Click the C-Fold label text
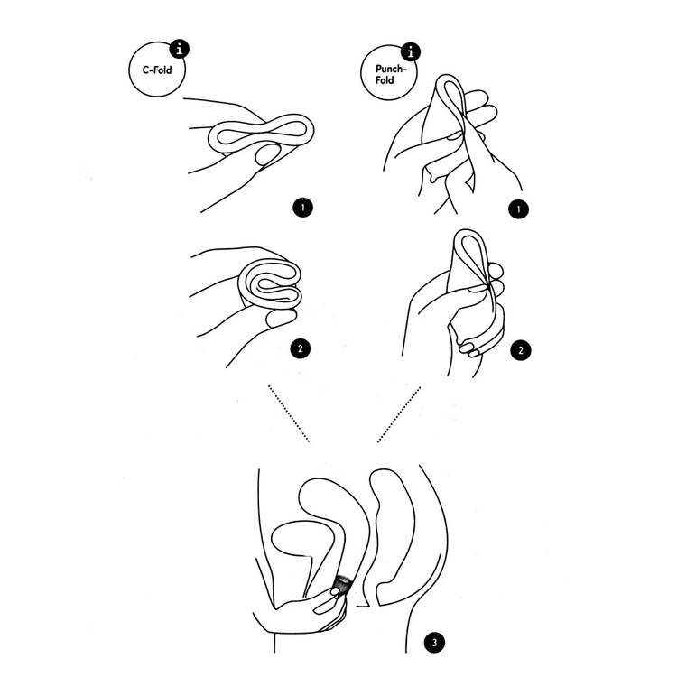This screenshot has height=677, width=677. point(157,70)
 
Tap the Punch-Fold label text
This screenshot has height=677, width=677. point(390,74)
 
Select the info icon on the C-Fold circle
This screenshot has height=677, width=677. point(180,49)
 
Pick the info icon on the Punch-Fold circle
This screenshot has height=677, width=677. point(411,52)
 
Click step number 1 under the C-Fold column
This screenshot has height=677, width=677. point(302,208)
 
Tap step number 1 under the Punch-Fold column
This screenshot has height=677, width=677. point(518,209)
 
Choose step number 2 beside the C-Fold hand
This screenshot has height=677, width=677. point(301,348)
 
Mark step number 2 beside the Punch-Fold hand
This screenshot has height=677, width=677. point(521,350)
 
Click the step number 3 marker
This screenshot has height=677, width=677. point(434,643)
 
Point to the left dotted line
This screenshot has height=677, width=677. point(289,413)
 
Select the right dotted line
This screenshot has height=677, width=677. point(399,414)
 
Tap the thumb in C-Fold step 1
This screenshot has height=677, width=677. point(269,155)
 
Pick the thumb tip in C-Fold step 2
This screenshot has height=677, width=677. point(282,318)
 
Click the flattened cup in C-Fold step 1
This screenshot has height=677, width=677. point(261,134)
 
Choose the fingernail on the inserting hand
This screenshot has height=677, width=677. point(336,591)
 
